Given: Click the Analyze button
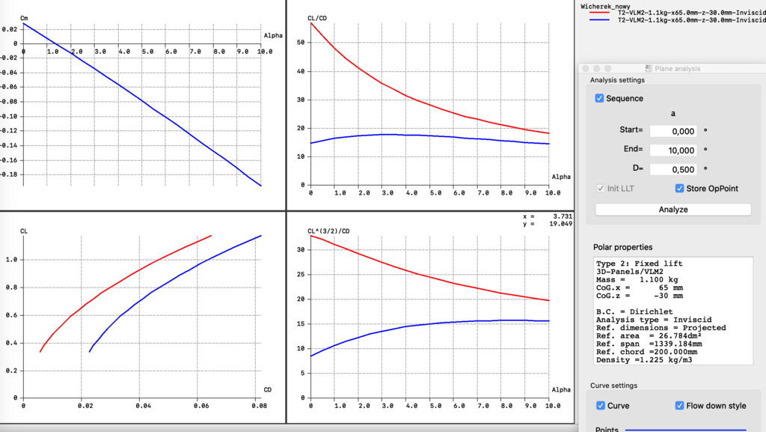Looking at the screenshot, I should click(x=672, y=210).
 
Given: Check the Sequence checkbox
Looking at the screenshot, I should click(x=600, y=98).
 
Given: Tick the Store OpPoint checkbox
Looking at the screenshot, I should click(x=680, y=188).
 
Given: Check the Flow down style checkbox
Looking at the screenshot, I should click(x=680, y=406).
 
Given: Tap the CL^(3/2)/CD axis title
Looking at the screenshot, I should click(x=328, y=231).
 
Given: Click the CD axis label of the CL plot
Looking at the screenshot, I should click(x=267, y=389).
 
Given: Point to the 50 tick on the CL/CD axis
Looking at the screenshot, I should click(x=301, y=42).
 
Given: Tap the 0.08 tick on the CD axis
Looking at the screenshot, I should click(x=260, y=405).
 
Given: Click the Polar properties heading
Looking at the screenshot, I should click(x=622, y=247).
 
